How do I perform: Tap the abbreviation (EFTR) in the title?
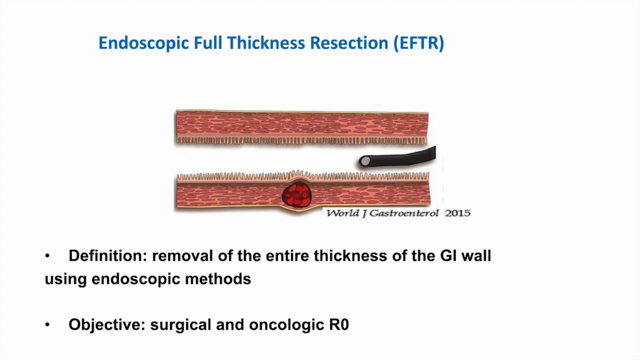(419, 44)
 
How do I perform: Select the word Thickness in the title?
(264, 44)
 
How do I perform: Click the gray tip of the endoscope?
(366, 160)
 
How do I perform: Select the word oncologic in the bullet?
(277, 325)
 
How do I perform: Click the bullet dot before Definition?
(47, 257)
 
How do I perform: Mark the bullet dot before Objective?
(47, 325)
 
